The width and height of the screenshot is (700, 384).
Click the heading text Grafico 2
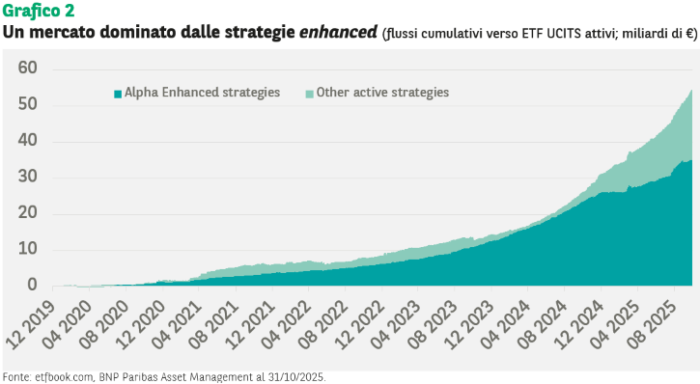pyautogui.click(x=39, y=11)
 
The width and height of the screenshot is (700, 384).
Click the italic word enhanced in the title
pyautogui.click(x=338, y=32)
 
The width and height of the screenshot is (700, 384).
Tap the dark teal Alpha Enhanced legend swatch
pyautogui.click(x=118, y=94)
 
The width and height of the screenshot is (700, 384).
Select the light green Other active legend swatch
pyautogui.click(x=309, y=94)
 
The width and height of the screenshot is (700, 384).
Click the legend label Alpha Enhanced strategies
pyautogui.click(x=202, y=93)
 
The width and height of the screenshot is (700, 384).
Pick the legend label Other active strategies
pyautogui.click(x=382, y=93)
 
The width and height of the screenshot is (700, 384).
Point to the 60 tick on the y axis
pyautogui.click(x=28, y=68)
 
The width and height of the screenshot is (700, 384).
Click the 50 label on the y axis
pyautogui.click(x=28, y=104)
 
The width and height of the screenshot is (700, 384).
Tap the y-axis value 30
pyautogui.click(x=28, y=177)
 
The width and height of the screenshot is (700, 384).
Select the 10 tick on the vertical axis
pyautogui.click(x=28, y=249)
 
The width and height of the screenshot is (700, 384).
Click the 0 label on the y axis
pyautogui.click(x=32, y=285)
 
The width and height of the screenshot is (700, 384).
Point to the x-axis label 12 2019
pyautogui.click(x=31, y=324)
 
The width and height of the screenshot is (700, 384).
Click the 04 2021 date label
pyautogui.click(x=178, y=324)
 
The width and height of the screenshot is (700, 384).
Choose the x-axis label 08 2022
pyautogui.click(x=323, y=324)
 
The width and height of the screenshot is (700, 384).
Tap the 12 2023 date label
pyautogui.click(x=469, y=324)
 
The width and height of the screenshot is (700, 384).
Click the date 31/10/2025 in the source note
pyautogui.click(x=296, y=377)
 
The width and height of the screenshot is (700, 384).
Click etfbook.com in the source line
pyautogui.click(x=65, y=377)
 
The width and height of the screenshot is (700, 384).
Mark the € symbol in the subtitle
pyautogui.click(x=689, y=34)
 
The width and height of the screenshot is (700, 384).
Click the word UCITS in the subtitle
pyautogui.click(x=565, y=34)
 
